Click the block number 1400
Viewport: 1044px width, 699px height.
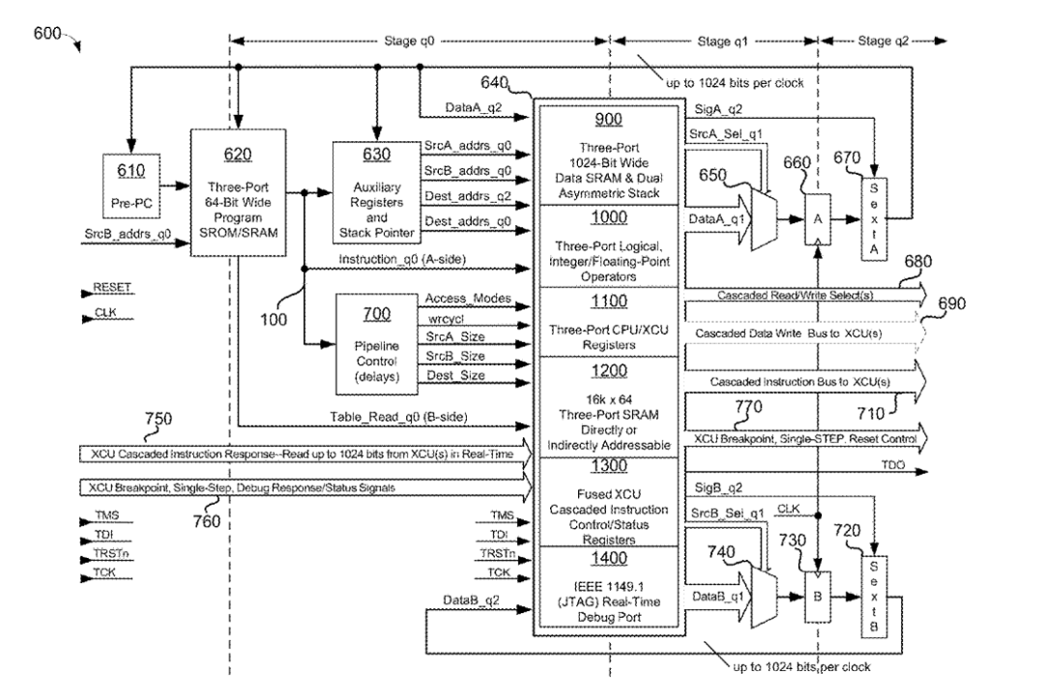pos(610,557)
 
